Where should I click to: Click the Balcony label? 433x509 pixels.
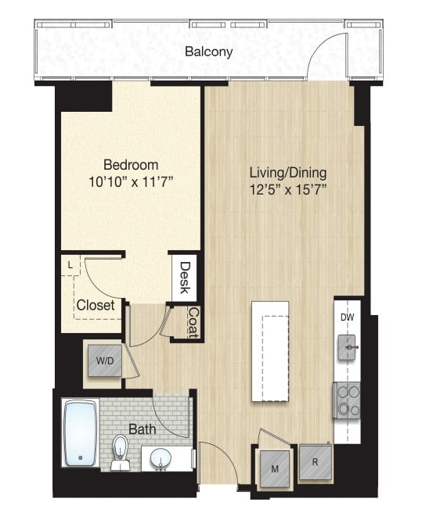click(208, 52)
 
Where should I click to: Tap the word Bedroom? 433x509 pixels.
click(132, 165)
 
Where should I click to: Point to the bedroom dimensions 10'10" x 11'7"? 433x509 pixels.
click(132, 181)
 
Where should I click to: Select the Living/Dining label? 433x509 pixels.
click(288, 172)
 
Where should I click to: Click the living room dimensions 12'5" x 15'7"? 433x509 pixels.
click(288, 188)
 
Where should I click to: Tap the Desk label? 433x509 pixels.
click(185, 278)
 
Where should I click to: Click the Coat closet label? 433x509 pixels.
click(193, 321)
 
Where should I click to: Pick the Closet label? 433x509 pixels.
click(96, 305)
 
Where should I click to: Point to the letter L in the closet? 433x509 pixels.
click(70, 265)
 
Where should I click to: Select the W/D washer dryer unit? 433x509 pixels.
click(103, 361)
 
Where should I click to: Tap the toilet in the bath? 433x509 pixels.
click(120, 452)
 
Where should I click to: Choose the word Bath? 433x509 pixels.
click(143, 429)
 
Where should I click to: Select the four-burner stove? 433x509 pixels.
click(347, 400)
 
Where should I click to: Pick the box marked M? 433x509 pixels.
click(276, 468)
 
